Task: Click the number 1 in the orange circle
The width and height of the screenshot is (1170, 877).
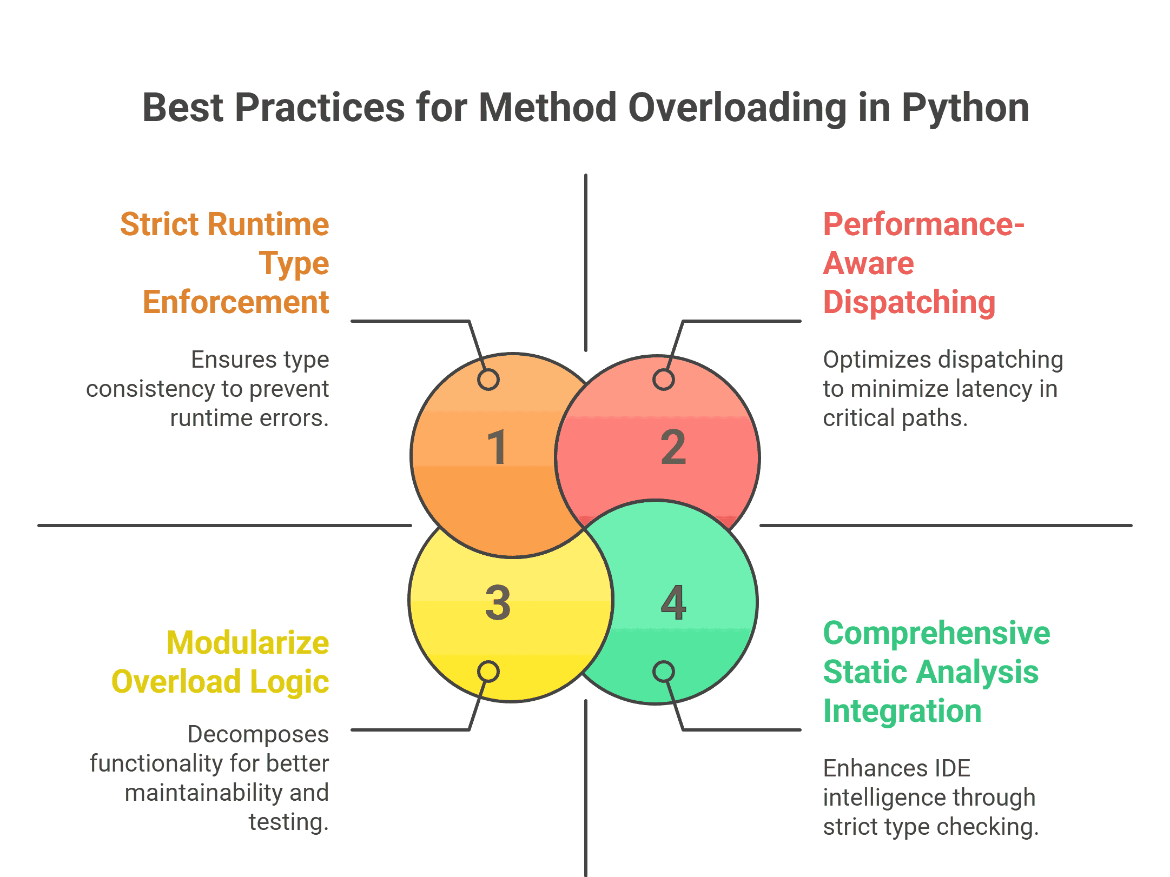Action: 497,447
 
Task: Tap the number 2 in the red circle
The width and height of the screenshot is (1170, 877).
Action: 673,447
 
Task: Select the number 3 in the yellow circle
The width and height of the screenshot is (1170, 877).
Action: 498,602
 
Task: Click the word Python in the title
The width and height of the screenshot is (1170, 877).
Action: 965,108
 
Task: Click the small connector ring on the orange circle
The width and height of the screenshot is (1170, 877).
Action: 488,379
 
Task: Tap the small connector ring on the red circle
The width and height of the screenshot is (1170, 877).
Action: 664,379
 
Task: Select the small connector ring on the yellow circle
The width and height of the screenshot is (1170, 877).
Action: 488,672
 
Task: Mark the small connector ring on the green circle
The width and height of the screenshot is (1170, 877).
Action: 664,672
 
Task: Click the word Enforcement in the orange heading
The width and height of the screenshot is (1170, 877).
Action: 236,302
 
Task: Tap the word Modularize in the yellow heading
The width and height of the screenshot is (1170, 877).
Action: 248,642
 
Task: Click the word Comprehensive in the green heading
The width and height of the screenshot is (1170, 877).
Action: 936,634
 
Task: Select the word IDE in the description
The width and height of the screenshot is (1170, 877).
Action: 951,768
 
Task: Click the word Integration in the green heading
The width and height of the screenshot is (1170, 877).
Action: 902,711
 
